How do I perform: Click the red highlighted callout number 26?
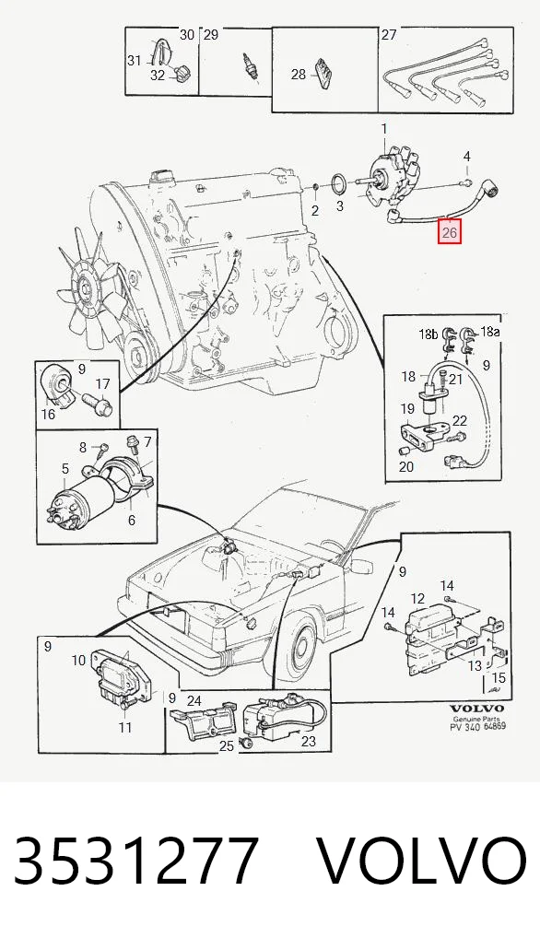[449, 231]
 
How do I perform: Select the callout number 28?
[299, 75]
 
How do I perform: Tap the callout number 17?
[103, 384]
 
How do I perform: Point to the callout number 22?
[459, 421]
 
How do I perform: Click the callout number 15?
[499, 678]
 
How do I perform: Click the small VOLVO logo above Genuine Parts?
[475, 709]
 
